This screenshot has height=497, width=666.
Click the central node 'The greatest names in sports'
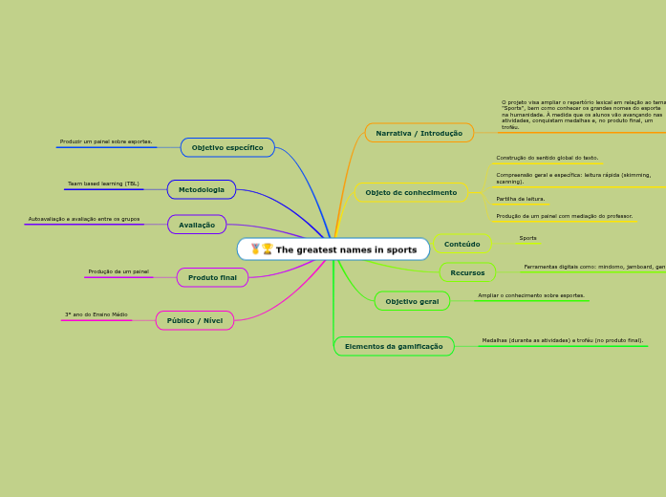[x=333, y=249]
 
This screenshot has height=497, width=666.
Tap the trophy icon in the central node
[x=268, y=249]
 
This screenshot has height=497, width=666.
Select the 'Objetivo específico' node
[x=227, y=147]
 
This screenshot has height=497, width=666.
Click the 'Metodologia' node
[x=202, y=189]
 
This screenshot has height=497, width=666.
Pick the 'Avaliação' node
[x=197, y=225]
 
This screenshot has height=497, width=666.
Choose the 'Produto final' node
[x=212, y=277]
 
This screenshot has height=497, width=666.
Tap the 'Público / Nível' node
[x=195, y=320]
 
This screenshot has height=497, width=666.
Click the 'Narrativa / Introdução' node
[x=419, y=133]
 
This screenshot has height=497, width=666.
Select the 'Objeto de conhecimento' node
[x=411, y=192]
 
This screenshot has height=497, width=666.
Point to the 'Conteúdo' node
[x=462, y=244]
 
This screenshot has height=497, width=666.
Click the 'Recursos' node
[x=467, y=272]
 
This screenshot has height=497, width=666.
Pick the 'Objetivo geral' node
[x=412, y=301]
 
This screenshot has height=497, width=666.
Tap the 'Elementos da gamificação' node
[x=394, y=346]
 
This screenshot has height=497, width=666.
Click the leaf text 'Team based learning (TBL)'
[x=103, y=184]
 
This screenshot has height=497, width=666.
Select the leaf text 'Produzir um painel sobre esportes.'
[x=106, y=141]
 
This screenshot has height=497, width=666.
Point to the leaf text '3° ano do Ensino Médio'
[x=96, y=314]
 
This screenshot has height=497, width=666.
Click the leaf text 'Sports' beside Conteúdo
[x=527, y=238]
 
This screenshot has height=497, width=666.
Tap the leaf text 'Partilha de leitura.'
[x=521, y=199]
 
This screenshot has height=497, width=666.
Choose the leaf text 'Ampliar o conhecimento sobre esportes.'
[x=531, y=295]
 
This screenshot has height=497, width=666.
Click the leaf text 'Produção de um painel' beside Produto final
[x=118, y=271]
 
